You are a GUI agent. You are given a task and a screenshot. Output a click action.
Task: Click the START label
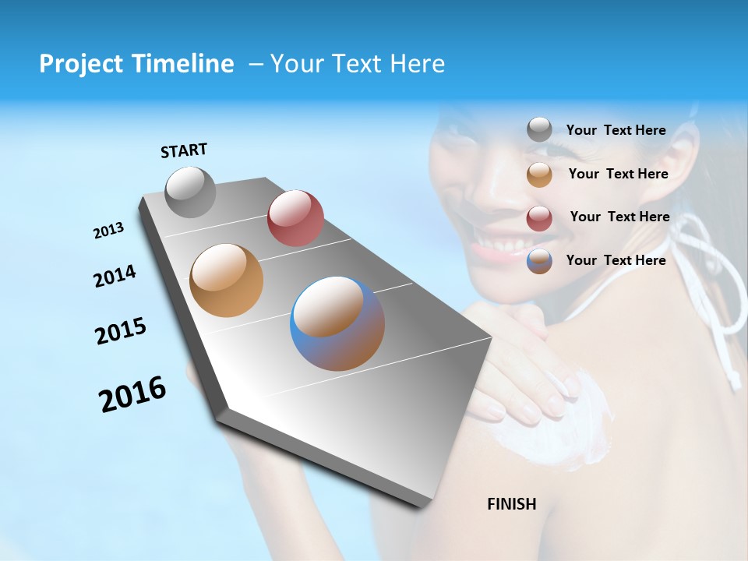(184, 150)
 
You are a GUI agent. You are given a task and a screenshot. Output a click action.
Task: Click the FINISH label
(511, 504)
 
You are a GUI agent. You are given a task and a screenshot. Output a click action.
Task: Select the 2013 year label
(108, 231)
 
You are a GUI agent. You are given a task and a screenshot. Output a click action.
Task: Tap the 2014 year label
(115, 276)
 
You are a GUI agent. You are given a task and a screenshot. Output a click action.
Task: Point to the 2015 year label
(121, 331)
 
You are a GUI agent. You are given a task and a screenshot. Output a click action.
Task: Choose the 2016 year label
(132, 394)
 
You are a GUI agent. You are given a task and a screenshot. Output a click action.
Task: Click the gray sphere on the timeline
(190, 192)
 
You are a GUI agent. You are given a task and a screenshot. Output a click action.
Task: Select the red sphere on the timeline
(295, 218)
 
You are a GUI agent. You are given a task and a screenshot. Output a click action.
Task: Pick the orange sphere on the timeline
(226, 280)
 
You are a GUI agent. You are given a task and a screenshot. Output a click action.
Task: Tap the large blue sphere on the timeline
(337, 323)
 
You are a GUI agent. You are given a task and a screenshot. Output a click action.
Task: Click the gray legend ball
(539, 130)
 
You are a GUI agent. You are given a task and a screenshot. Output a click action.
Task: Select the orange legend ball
(539, 175)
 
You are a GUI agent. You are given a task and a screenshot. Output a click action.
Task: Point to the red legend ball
(539, 218)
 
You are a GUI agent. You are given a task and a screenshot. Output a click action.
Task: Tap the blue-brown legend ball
(539, 261)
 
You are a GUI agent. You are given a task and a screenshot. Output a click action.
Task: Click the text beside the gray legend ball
(616, 130)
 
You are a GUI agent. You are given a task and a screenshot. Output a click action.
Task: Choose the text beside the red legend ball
(619, 217)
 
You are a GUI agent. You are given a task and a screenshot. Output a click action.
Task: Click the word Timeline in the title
(180, 64)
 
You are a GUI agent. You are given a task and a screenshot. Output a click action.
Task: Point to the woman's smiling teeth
(499, 249)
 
